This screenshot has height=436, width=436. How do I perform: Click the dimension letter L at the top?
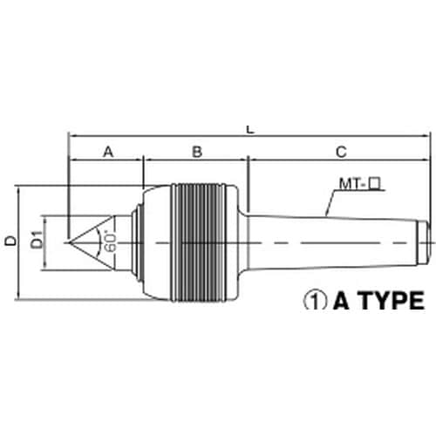[250, 130]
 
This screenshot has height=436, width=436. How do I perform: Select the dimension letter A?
[108, 152]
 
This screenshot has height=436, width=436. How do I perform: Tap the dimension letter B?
[197, 152]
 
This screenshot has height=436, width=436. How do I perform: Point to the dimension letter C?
[341, 152]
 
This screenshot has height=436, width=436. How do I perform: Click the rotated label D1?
[37, 239]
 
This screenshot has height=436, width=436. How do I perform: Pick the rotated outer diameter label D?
[11, 241]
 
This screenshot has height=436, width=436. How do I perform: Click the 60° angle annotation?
[111, 241]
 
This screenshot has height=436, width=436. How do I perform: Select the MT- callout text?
[353, 184]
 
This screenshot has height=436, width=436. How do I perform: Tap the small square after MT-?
[374, 184]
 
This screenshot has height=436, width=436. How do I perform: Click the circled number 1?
[316, 301]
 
